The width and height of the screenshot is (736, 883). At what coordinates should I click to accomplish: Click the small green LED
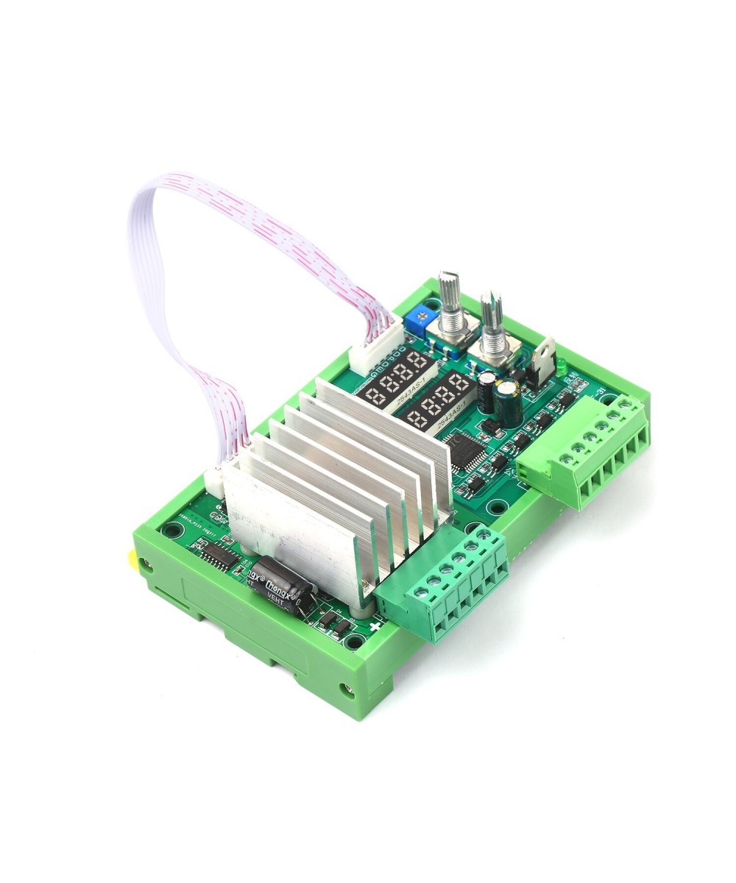pos(560,365)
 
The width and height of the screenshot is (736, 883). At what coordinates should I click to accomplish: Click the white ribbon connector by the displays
pos(374,351)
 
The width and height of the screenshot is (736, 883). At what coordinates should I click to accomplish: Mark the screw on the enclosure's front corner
pos(345,689)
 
